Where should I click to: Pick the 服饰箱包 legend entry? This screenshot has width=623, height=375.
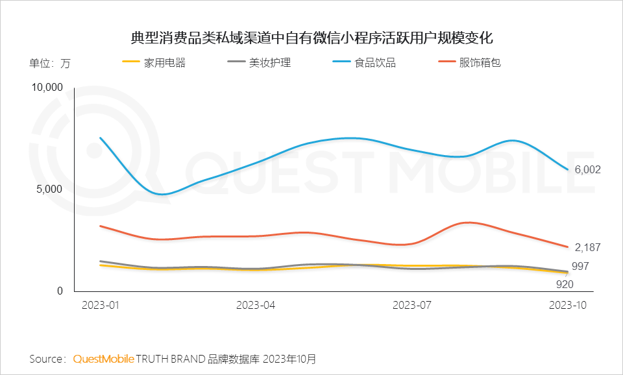480,63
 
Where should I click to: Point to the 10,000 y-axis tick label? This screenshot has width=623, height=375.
47,88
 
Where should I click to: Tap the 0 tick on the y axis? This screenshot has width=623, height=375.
60,291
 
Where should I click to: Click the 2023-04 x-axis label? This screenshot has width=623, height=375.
256,305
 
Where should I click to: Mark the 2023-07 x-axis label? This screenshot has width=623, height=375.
413,305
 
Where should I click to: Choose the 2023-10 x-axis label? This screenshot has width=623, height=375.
567,305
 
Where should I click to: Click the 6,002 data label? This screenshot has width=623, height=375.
588,170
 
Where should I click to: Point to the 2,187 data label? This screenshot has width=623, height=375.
588,247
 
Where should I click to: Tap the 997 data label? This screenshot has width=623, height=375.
580,267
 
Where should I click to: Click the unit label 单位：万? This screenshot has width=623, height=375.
49,64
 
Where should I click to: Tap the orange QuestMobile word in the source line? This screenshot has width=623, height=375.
104,359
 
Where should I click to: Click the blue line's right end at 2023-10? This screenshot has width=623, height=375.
568,170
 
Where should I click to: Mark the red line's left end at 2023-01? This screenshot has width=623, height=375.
100,226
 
